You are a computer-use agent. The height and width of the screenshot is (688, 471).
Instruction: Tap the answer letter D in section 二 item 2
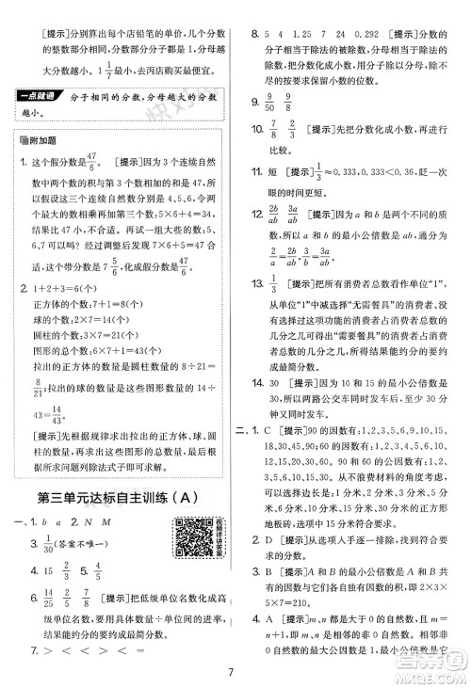click(x=278, y=594)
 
